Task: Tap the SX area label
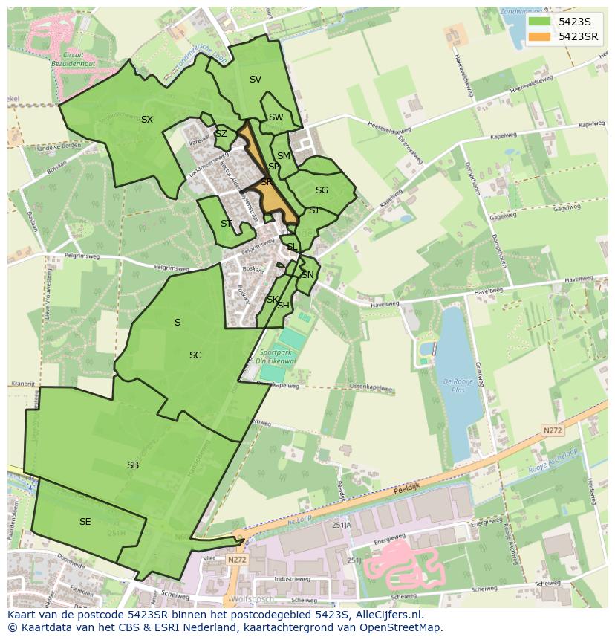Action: coord(147,120)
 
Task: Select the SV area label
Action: coord(256,80)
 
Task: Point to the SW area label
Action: coord(276,117)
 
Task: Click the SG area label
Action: coord(322,190)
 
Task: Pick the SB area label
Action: coord(133,465)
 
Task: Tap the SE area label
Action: coord(85,522)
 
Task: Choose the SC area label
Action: coord(195,355)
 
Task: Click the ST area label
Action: coord(227,224)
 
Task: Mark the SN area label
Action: coord(307,275)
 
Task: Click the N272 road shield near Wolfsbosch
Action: coord(237,560)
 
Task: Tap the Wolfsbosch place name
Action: coord(253,598)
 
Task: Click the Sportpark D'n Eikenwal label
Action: coord(277,356)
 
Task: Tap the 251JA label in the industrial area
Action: coord(341,525)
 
